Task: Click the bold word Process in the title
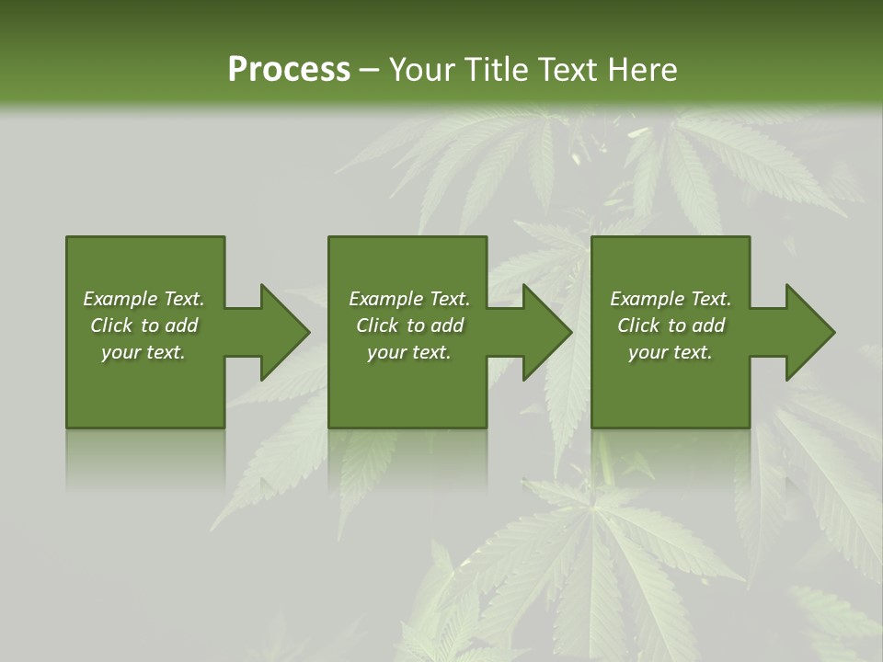pyautogui.click(x=289, y=70)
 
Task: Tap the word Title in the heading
pyautogui.click(x=496, y=70)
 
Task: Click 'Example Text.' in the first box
pyautogui.click(x=143, y=299)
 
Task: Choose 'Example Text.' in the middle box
pyautogui.click(x=408, y=299)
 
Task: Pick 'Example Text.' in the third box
pyautogui.click(x=671, y=299)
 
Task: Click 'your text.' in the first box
pyautogui.click(x=143, y=352)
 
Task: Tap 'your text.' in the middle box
pyautogui.click(x=408, y=352)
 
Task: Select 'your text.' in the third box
pyautogui.click(x=671, y=352)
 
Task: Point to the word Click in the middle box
pyautogui.click(x=377, y=325)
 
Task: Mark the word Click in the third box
pyautogui.click(x=638, y=325)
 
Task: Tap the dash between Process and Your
pyautogui.click(x=369, y=70)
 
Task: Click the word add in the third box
pyautogui.click(x=708, y=325)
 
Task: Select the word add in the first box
pyautogui.click(x=181, y=325)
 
